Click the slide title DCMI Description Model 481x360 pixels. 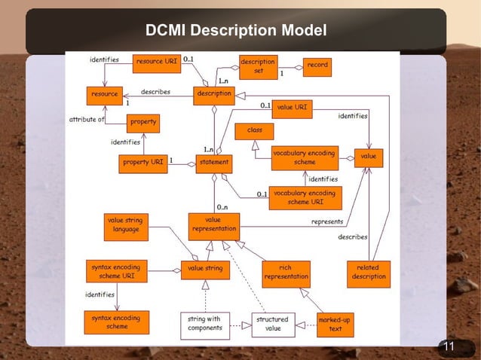236,31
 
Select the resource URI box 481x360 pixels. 157,64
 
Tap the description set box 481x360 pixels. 258,66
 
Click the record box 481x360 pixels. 317,66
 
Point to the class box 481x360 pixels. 254,131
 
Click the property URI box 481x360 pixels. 143,162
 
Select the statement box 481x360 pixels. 213,162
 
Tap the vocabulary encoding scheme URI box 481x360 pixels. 305,197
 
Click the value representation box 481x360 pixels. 214,224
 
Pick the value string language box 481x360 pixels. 125,224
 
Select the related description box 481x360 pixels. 368,271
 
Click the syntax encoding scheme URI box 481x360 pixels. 117,271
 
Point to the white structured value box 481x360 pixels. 272,323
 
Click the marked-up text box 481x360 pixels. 335,324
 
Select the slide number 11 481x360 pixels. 449,347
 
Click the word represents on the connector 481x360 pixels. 327,222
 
